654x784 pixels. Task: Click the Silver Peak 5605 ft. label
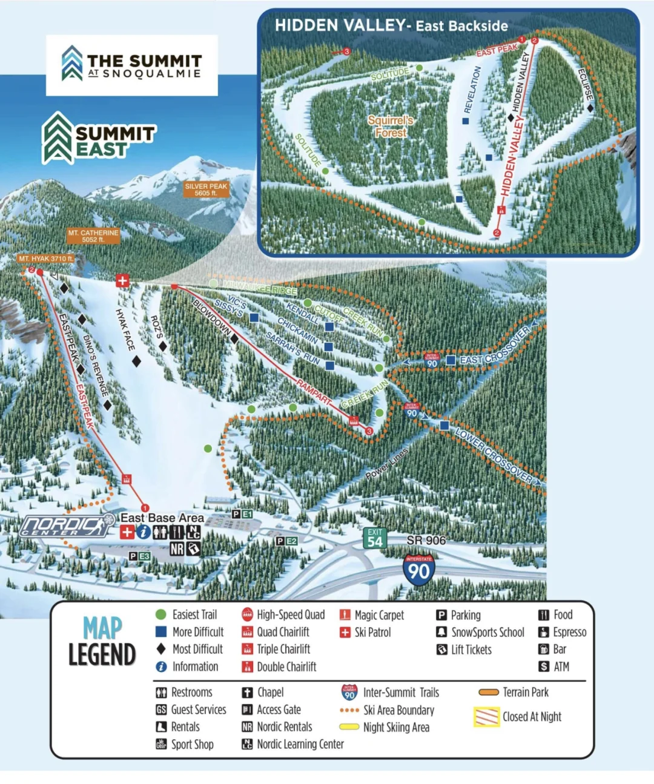coord(206,189)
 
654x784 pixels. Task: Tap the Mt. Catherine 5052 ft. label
coord(93,236)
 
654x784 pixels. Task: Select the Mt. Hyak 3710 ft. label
coord(45,259)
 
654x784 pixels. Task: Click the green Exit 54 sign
coord(375,538)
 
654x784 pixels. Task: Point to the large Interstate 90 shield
coord(418,570)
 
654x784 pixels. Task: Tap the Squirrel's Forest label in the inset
coord(391,127)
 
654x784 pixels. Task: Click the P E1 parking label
coord(242,514)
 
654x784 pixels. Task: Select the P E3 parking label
coord(139,556)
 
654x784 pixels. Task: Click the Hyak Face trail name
coord(125,329)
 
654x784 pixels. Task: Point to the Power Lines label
coord(387,464)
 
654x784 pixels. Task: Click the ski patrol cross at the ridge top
coord(122,280)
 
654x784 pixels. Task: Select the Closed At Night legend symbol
coord(486,717)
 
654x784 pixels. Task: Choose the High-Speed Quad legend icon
coord(247,615)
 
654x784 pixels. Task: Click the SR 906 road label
coord(426,540)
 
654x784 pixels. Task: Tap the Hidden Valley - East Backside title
coord(391,25)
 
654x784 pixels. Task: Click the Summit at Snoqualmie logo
coord(132,65)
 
